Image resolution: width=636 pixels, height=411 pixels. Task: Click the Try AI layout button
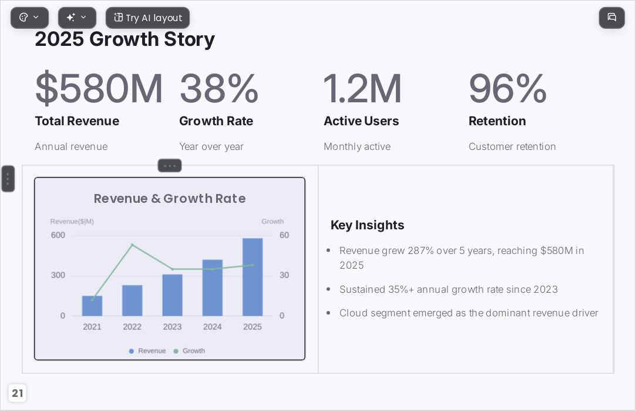point(147,18)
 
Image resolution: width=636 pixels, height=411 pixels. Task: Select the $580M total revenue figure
point(99,88)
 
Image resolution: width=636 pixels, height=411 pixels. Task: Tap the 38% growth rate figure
point(219,88)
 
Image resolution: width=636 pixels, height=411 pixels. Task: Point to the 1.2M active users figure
point(362,88)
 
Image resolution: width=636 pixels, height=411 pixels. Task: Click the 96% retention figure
point(508,88)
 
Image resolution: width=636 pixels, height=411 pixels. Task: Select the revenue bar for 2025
point(253,277)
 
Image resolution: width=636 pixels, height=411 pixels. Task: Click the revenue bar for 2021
point(92,306)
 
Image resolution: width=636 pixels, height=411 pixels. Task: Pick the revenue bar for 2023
point(173,295)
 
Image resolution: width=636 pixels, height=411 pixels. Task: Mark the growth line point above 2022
point(132,245)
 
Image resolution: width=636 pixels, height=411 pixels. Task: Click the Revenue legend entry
point(147,351)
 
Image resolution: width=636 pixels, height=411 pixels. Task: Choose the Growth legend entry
point(189,351)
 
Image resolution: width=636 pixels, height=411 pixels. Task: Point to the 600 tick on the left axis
point(58,235)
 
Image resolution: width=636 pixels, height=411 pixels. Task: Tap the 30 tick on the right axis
point(284,275)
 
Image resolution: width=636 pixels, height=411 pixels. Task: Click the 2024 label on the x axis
point(213,327)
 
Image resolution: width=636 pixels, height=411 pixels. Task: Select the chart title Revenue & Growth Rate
point(170,199)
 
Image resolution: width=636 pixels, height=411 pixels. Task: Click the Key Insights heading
point(368,225)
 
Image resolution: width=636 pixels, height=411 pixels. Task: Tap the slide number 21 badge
point(18,393)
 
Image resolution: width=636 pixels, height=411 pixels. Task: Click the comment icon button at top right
point(612,18)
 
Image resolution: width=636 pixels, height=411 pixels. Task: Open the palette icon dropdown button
point(29,18)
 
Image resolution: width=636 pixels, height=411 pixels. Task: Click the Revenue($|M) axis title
point(72,221)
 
